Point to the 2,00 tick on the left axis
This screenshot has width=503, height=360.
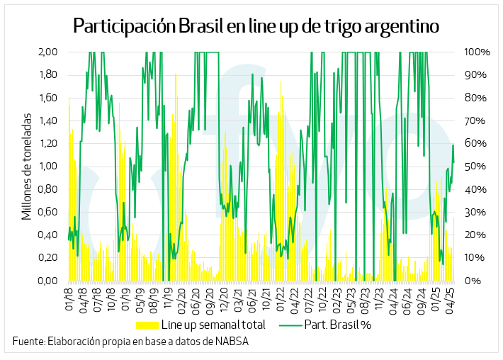point(48,52)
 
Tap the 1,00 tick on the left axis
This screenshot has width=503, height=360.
point(48,167)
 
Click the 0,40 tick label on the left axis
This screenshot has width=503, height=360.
point(48,235)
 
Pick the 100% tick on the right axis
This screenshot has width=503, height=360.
point(477,52)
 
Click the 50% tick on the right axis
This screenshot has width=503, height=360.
point(475,167)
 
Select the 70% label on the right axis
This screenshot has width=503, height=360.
point(475,120)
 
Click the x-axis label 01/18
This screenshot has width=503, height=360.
point(70,298)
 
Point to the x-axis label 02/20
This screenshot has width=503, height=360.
point(181,298)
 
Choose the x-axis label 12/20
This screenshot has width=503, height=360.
point(223,298)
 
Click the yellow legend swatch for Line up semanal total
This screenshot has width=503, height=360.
point(147,325)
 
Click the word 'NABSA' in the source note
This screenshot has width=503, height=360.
point(230,342)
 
